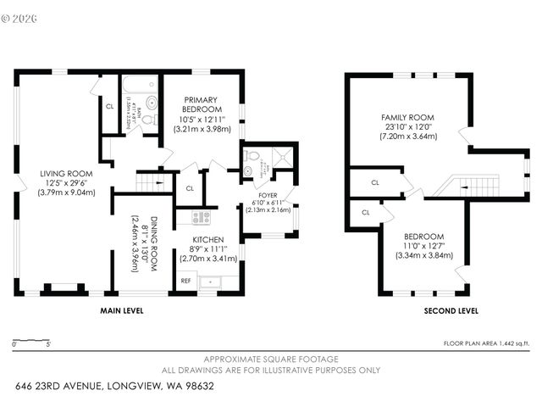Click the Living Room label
pos(66,174)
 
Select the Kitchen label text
pos(207,240)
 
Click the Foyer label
pos(268,195)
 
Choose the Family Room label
pos(407,117)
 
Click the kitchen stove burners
pos(201,218)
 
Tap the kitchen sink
pos(210,281)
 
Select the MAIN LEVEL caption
pos(122,311)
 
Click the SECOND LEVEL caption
pos(451,311)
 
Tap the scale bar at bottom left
pos(31,343)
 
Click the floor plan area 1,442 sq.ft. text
pos(486,343)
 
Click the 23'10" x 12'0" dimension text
pos(407,126)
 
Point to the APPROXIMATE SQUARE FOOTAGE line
pos(271,360)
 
